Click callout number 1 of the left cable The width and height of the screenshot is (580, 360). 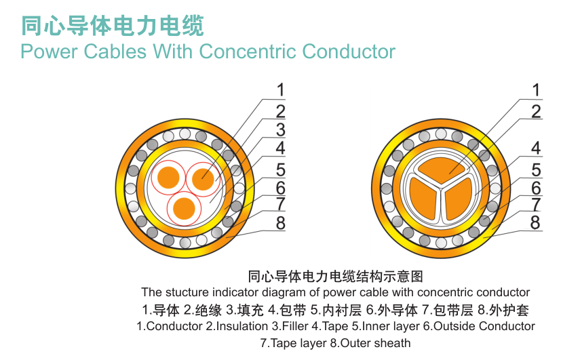[x=281, y=90]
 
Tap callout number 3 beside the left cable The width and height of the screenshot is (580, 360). [x=281, y=130]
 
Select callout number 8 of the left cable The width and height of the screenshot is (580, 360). [x=281, y=223]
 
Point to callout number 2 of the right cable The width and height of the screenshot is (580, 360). [x=536, y=112]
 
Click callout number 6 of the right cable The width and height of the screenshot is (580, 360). [x=536, y=188]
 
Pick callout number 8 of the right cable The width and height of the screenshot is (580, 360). [x=535, y=223]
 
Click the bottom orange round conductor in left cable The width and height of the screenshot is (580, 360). [x=184, y=208]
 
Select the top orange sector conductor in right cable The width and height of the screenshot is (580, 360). [x=440, y=169]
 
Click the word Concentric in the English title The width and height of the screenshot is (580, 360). [x=248, y=52]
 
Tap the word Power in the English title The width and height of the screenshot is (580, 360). [x=49, y=52]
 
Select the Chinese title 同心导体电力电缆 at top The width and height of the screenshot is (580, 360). [x=113, y=26]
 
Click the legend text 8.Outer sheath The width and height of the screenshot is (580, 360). [x=370, y=343]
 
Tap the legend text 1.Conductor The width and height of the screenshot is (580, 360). [x=170, y=326]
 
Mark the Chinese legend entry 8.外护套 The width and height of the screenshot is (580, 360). [x=503, y=310]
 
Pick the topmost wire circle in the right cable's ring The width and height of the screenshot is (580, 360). [x=440, y=134]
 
